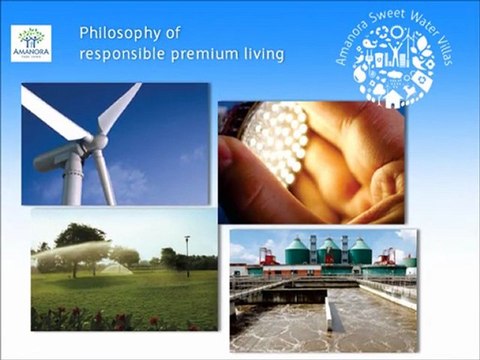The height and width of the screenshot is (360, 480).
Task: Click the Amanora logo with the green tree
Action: [x=31, y=44]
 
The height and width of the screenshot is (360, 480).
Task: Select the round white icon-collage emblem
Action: [x=396, y=66]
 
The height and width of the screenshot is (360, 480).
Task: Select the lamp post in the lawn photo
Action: [x=187, y=256]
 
